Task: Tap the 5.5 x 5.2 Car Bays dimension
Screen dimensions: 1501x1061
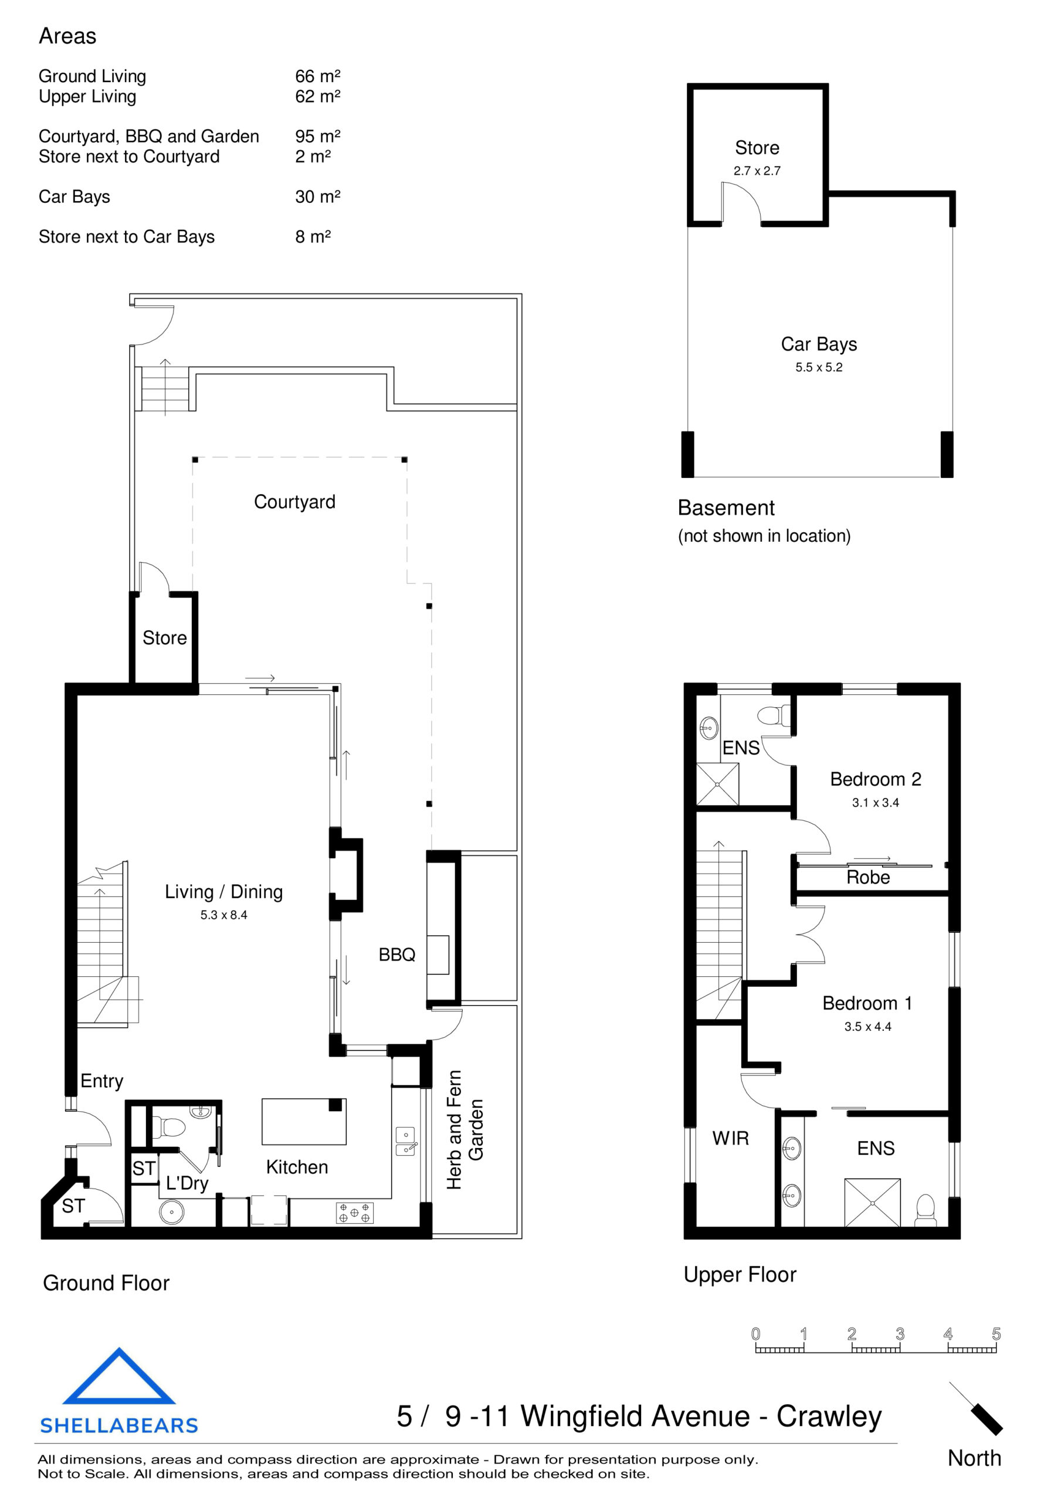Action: tap(818, 368)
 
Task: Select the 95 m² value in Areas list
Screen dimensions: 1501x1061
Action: tap(317, 136)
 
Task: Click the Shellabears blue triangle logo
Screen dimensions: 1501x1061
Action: tap(118, 1378)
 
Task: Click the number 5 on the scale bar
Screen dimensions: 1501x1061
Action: tap(995, 1334)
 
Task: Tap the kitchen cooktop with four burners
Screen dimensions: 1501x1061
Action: tap(354, 1213)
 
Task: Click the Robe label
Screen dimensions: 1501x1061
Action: tap(867, 877)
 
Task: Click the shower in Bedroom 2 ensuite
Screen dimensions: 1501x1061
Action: tap(717, 784)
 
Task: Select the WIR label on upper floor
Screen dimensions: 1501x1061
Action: tap(730, 1138)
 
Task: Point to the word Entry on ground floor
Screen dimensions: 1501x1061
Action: tap(101, 1081)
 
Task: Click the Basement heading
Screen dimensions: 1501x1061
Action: tap(726, 508)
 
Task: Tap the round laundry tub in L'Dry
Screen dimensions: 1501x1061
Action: tap(171, 1212)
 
